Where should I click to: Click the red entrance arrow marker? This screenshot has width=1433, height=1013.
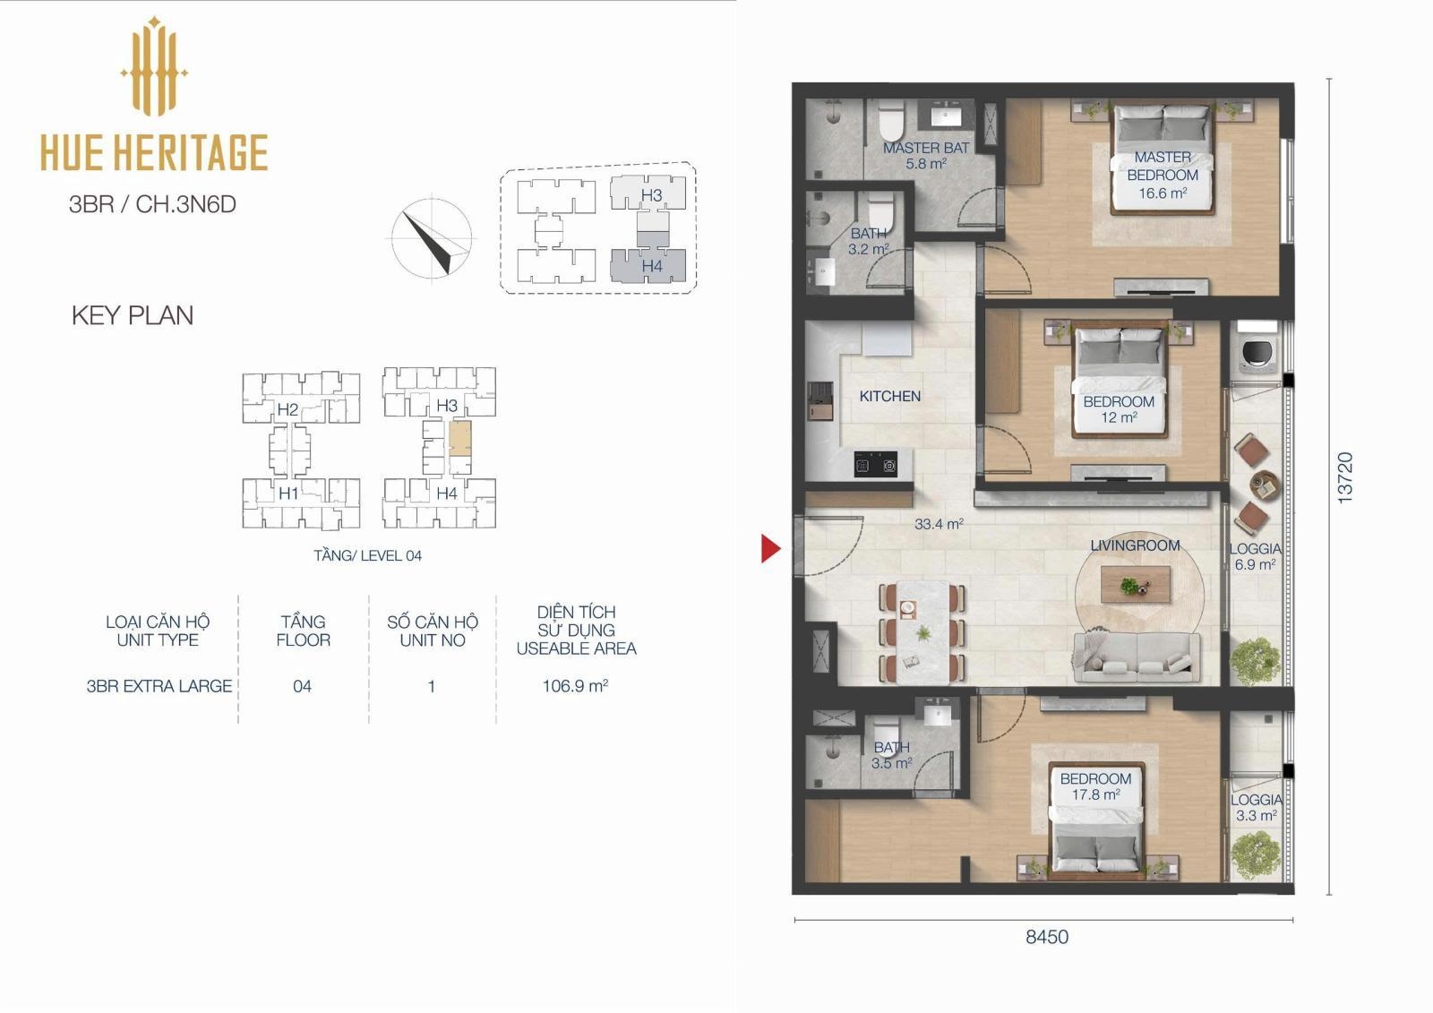click(770, 548)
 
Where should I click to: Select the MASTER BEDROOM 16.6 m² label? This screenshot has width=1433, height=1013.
click(1163, 175)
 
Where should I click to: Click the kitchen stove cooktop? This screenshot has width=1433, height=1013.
click(875, 464)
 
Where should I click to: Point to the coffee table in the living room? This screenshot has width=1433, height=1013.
click(1136, 585)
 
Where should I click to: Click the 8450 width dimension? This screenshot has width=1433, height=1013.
click(1047, 937)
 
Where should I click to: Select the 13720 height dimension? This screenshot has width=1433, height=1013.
click(1345, 478)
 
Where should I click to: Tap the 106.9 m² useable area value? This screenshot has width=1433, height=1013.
click(575, 686)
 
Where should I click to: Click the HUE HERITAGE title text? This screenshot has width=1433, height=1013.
click(154, 152)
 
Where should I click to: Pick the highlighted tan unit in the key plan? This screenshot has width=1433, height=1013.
click(459, 438)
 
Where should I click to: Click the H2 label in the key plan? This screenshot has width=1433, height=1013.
click(287, 409)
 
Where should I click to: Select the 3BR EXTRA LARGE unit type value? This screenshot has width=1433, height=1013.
click(159, 686)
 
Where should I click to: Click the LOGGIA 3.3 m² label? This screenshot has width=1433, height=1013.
click(1257, 808)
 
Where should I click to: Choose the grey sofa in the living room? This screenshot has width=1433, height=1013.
click(1137, 657)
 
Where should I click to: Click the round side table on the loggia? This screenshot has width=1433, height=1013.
click(1265, 485)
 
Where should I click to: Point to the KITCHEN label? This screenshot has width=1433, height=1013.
click(890, 396)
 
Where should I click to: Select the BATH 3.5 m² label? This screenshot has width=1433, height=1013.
click(891, 755)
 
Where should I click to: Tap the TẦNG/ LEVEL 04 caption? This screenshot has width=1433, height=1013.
click(368, 555)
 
